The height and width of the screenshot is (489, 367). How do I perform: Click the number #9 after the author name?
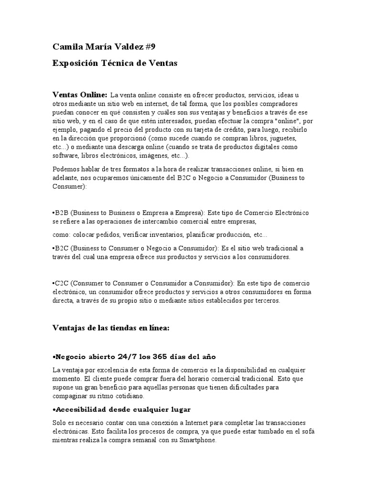point(149,46)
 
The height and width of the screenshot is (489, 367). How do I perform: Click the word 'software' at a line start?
point(65,156)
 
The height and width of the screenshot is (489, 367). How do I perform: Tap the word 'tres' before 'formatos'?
point(119,169)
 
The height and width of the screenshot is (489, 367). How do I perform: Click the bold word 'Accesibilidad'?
point(82,410)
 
